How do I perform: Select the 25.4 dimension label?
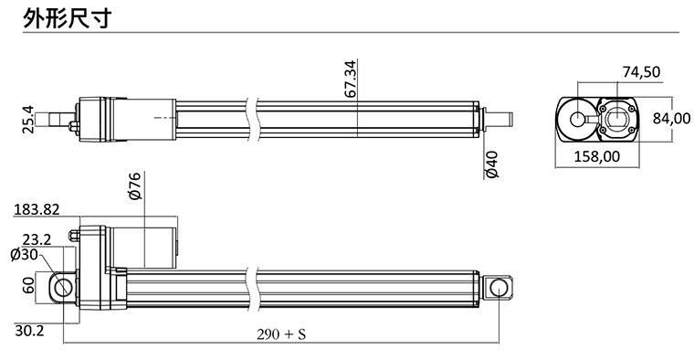coord(28,121)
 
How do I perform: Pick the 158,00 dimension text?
coord(596,157)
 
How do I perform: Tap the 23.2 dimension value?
coord(37,240)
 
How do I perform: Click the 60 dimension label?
coord(28,285)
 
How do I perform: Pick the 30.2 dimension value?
coord(29,329)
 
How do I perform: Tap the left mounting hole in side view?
coord(63,287)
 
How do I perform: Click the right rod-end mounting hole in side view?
coord(499,287)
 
